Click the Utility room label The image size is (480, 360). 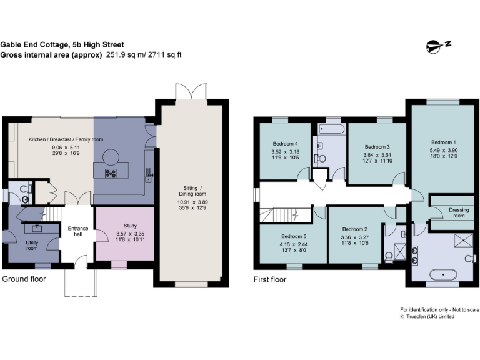32,244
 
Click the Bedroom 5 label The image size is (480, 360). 293,236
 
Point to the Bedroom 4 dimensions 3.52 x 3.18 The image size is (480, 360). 284,152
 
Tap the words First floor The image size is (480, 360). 269,279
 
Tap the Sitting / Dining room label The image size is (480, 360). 192,191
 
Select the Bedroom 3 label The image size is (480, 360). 377,147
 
